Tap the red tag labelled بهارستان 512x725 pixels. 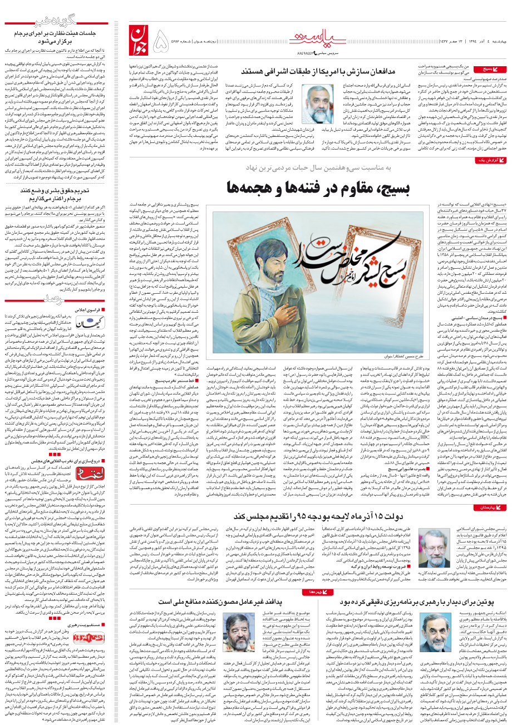491,507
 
